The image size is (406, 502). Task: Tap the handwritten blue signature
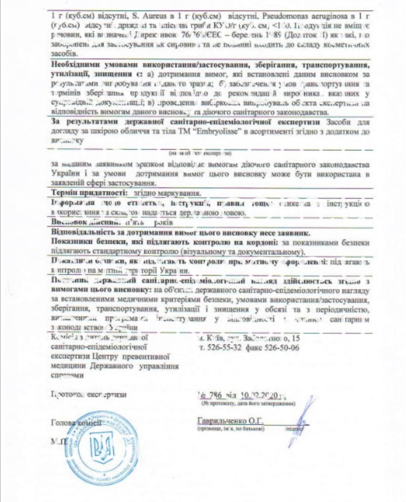point(301,422)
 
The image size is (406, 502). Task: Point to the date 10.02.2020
point(260,395)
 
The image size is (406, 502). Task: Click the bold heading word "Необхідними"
point(75,64)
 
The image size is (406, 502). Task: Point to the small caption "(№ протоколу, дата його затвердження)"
point(248,403)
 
